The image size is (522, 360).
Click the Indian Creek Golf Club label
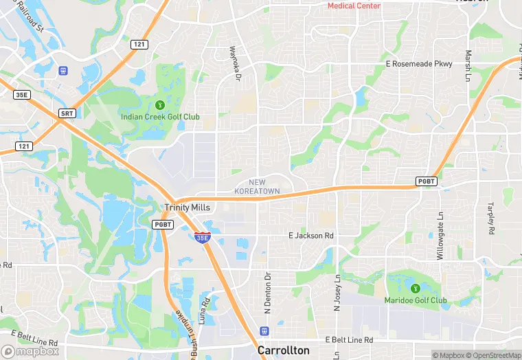pyautogui.click(x=160, y=117)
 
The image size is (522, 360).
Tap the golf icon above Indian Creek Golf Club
pyautogui.click(x=160, y=104)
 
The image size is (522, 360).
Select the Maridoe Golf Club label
pyautogui.click(x=416, y=300)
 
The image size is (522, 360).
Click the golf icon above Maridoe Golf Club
pyautogui.click(x=415, y=288)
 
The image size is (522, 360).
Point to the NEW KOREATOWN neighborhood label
pyautogui.click(x=258, y=185)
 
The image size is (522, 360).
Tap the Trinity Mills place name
pyautogui.click(x=188, y=207)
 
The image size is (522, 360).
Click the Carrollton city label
pyautogui.click(x=283, y=350)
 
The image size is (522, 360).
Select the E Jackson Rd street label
pyautogui.click(x=310, y=236)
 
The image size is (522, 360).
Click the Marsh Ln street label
pyautogui.click(x=468, y=66)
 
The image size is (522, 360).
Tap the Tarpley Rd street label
pyautogui.click(x=490, y=219)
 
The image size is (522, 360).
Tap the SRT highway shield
pyautogui.click(x=67, y=113)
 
